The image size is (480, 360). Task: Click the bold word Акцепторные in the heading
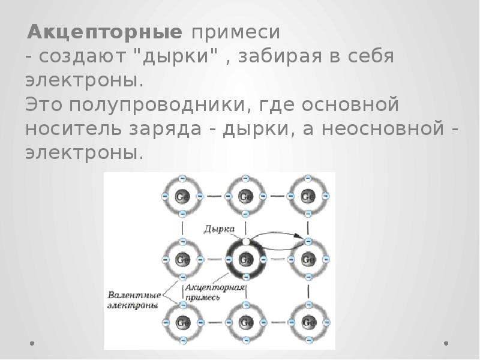click(x=105, y=31)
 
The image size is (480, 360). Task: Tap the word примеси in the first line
click(x=235, y=31)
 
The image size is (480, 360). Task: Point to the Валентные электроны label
click(x=133, y=299)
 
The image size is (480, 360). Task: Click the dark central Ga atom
click(x=245, y=260)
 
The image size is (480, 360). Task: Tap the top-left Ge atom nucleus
click(x=182, y=196)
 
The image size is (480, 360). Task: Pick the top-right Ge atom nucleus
click(x=308, y=196)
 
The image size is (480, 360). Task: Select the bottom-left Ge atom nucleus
click(x=182, y=323)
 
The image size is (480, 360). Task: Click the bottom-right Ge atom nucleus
click(x=308, y=323)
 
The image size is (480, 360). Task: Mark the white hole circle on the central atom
click(x=245, y=241)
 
